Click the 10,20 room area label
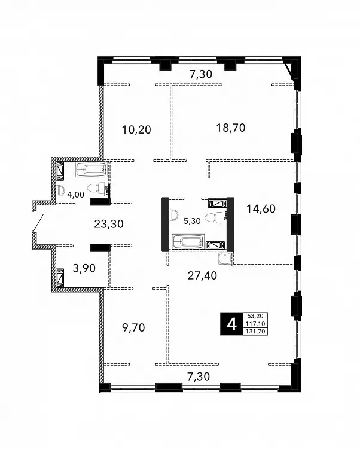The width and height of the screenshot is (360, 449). coord(136,129)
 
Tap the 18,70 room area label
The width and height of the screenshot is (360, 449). coord(230,128)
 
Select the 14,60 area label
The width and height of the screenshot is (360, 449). coord(261,209)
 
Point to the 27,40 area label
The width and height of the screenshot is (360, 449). coord(202,275)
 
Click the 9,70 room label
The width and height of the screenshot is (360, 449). coord(133,327)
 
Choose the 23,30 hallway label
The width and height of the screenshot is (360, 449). coord(109,224)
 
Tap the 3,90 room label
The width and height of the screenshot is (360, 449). coord(84,268)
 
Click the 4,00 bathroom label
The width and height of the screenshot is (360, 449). coord(75,195)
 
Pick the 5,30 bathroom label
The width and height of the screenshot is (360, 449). coord(192,221)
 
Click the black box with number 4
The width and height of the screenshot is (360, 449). coord(231,324)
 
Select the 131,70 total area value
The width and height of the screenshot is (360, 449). coord(255,332)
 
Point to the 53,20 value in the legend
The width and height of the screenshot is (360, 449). coord(255,316)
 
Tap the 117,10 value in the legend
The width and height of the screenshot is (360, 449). coord(255,324)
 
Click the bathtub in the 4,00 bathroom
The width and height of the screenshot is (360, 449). coord(91,170)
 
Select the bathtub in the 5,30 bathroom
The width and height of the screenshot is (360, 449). coord(188,242)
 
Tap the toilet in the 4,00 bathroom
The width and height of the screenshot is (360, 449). coord(96,189)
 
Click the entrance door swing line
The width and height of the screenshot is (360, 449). coord(38,223)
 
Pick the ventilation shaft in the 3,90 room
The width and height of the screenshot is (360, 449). coord(60,277)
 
